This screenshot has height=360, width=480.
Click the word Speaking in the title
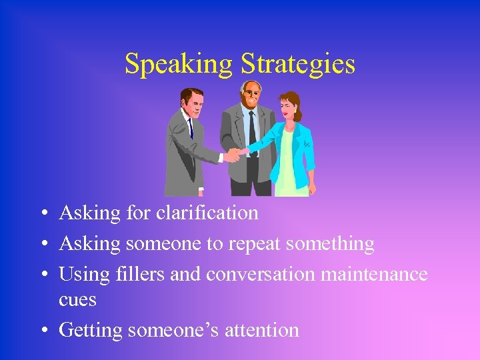179,65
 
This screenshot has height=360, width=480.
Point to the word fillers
141,274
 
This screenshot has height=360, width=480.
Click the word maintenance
376,274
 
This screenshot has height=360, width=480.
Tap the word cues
77,300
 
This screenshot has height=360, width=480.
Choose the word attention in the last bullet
263,329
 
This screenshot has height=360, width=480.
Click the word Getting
91,330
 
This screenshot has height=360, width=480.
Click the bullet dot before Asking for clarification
43,214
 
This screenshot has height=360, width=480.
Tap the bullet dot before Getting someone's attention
43,331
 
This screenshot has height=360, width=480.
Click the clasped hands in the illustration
235,154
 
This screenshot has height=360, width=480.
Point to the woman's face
287,109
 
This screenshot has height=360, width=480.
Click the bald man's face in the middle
251,95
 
